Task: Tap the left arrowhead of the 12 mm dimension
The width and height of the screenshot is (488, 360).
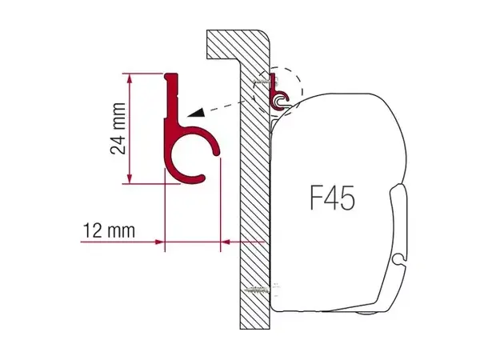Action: [x=159, y=240]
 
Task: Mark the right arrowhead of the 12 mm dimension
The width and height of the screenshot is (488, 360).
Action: [x=225, y=240]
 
